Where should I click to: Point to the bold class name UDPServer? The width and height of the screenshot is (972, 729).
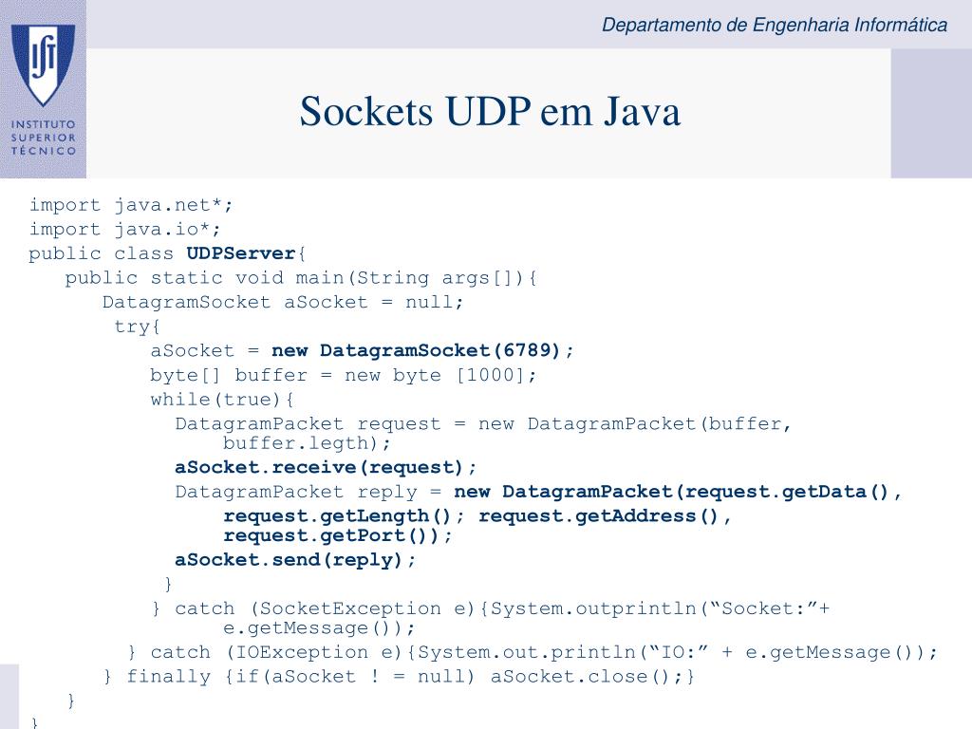(x=241, y=253)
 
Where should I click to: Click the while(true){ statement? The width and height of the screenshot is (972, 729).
(x=223, y=399)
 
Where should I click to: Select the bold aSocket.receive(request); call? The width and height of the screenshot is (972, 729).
(x=326, y=467)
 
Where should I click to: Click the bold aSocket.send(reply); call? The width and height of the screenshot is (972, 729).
(x=295, y=559)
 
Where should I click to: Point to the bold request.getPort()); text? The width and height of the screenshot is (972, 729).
(x=338, y=535)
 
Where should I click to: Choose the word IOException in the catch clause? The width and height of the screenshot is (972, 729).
(x=290, y=651)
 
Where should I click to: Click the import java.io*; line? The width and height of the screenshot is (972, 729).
(x=124, y=229)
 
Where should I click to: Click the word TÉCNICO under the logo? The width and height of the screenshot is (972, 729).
(x=44, y=150)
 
